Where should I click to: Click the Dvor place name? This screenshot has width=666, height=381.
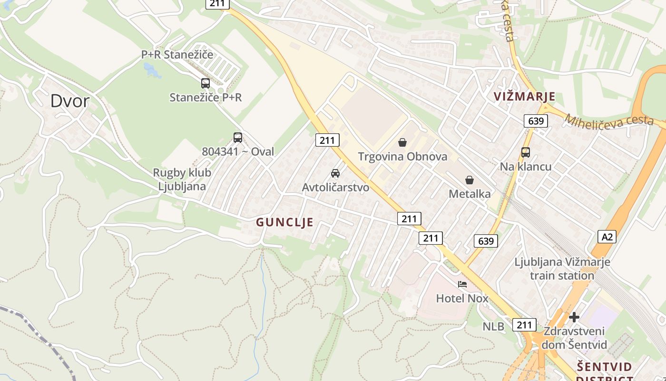click(70, 101)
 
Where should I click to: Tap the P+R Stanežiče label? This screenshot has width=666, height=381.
click(177, 55)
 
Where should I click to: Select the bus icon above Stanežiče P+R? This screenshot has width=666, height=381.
click(206, 83)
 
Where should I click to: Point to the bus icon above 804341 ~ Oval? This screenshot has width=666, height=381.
click(238, 138)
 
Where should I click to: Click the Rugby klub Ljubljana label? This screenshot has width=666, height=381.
click(182, 179)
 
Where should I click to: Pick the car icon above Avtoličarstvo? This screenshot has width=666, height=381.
click(335, 173)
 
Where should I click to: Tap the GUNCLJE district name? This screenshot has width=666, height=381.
click(284, 222)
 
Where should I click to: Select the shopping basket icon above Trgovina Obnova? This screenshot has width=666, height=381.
click(402, 142)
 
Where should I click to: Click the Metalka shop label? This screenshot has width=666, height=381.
click(470, 194)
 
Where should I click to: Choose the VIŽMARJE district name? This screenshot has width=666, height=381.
click(524, 97)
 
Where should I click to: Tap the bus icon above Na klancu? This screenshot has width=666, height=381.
click(526, 152)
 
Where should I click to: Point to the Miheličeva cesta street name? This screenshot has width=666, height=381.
click(609, 120)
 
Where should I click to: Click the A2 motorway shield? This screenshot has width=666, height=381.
click(607, 236)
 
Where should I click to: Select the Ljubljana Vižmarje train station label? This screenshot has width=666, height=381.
click(562, 269)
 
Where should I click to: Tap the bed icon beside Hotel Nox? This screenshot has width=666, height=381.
click(462, 284)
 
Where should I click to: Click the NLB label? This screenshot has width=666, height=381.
click(493, 327)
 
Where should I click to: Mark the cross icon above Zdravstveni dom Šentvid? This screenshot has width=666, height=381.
click(574, 317)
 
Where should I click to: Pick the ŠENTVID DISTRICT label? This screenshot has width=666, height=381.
click(604, 372)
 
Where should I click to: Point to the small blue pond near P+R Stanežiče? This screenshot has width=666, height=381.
click(153, 70)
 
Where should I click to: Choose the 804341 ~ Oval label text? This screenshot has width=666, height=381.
click(238, 152)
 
